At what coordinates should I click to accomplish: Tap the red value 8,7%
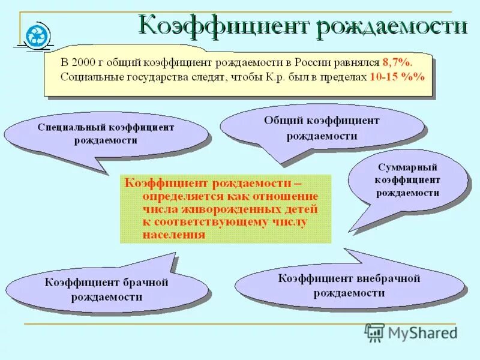tap(398, 62)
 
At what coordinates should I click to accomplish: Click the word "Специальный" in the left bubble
tap(72, 127)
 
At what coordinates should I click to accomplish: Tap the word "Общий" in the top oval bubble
tap(280, 121)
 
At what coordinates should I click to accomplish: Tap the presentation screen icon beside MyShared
tap(374, 332)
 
